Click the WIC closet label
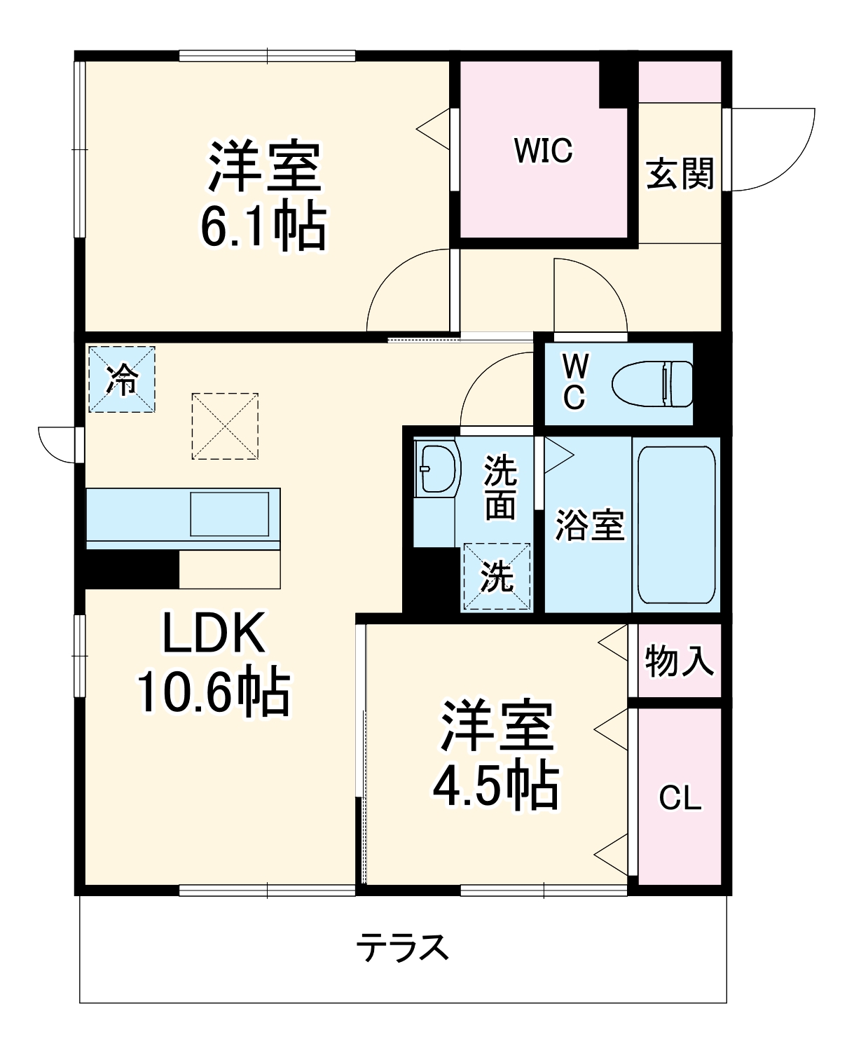click(x=543, y=151)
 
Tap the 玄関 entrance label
click(x=680, y=174)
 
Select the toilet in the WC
click(x=652, y=383)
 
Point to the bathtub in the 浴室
click(x=676, y=524)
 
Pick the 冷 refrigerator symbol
click(x=122, y=379)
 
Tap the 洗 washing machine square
click(x=497, y=577)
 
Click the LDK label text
click(x=214, y=633)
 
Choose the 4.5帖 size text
click(x=495, y=785)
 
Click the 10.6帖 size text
click(x=214, y=692)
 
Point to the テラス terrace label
click(x=402, y=947)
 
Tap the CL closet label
click(x=680, y=798)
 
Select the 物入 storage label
click(x=679, y=661)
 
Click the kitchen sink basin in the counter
click(x=230, y=514)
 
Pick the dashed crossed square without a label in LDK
click(x=225, y=426)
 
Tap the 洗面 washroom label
click(x=500, y=487)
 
